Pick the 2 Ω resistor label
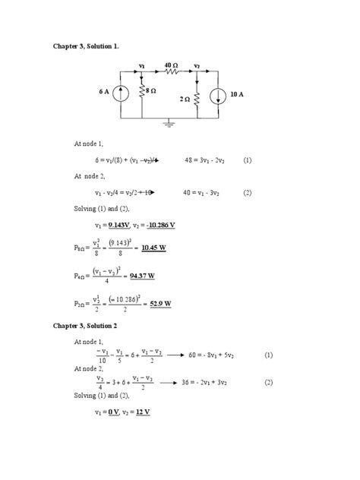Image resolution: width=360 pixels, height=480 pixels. coord(185,99)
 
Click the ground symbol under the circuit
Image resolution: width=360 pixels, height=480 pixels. coord(170,123)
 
